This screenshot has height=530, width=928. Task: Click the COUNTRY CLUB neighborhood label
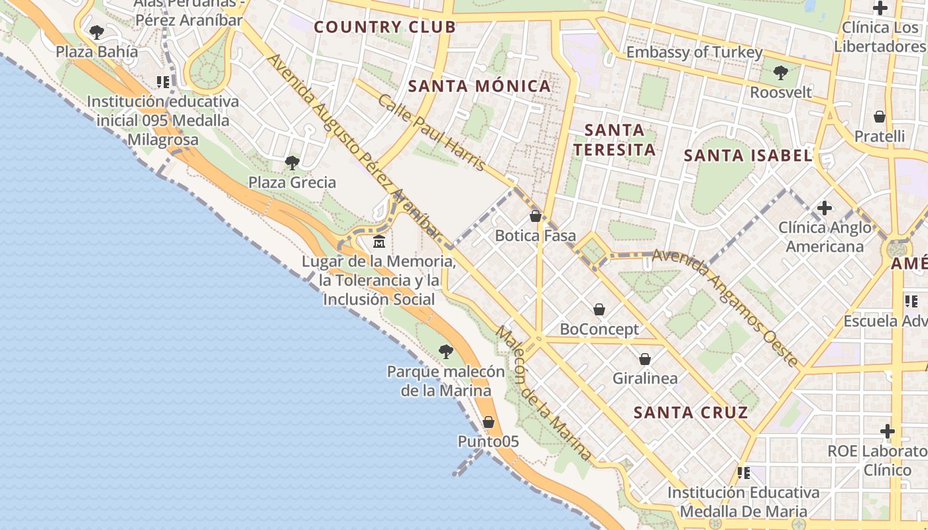click(384, 27)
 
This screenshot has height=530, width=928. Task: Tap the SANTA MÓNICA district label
click(479, 86)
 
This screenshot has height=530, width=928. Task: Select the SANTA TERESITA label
click(614, 140)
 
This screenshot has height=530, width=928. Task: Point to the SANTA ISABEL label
click(748, 156)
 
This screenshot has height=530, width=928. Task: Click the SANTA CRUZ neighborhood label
click(691, 413)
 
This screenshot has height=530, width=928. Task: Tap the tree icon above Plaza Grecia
click(292, 162)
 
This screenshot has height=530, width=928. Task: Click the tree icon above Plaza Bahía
click(97, 32)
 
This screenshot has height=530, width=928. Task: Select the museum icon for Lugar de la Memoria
click(379, 241)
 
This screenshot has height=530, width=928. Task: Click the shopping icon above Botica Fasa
click(536, 216)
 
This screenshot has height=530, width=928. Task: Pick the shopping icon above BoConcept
click(599, 309)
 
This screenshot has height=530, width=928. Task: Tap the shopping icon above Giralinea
click(645, 359)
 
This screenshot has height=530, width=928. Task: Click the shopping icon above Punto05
click(489, 422)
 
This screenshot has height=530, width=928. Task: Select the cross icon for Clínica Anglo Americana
click(825, 208)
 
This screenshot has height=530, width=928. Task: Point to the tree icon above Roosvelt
click(781, 72)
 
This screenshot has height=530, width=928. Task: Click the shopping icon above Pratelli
click(880, 117)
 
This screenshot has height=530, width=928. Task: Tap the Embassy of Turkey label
click(694, 52)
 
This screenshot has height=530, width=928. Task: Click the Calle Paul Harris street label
click(432, 132)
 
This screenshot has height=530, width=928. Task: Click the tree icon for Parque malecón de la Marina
click(446, 352)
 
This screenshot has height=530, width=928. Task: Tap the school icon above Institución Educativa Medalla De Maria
click(744, 473)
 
